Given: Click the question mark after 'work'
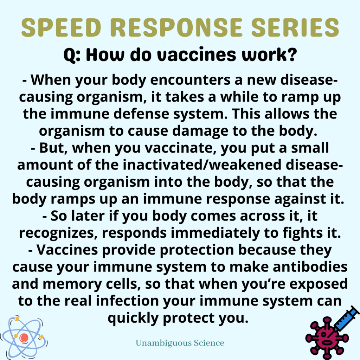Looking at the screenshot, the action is pos(292,54).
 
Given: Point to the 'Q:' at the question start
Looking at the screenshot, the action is pos(72,55).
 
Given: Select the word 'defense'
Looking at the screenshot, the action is pos(141,114).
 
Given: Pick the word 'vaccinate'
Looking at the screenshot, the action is pos(181,148).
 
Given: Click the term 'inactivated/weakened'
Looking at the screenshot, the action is pos(202,165).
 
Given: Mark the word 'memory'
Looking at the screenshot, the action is pos(72,284).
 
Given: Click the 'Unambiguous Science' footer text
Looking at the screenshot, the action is pos(180,343).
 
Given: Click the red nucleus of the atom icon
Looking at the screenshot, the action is pos(24,338).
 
